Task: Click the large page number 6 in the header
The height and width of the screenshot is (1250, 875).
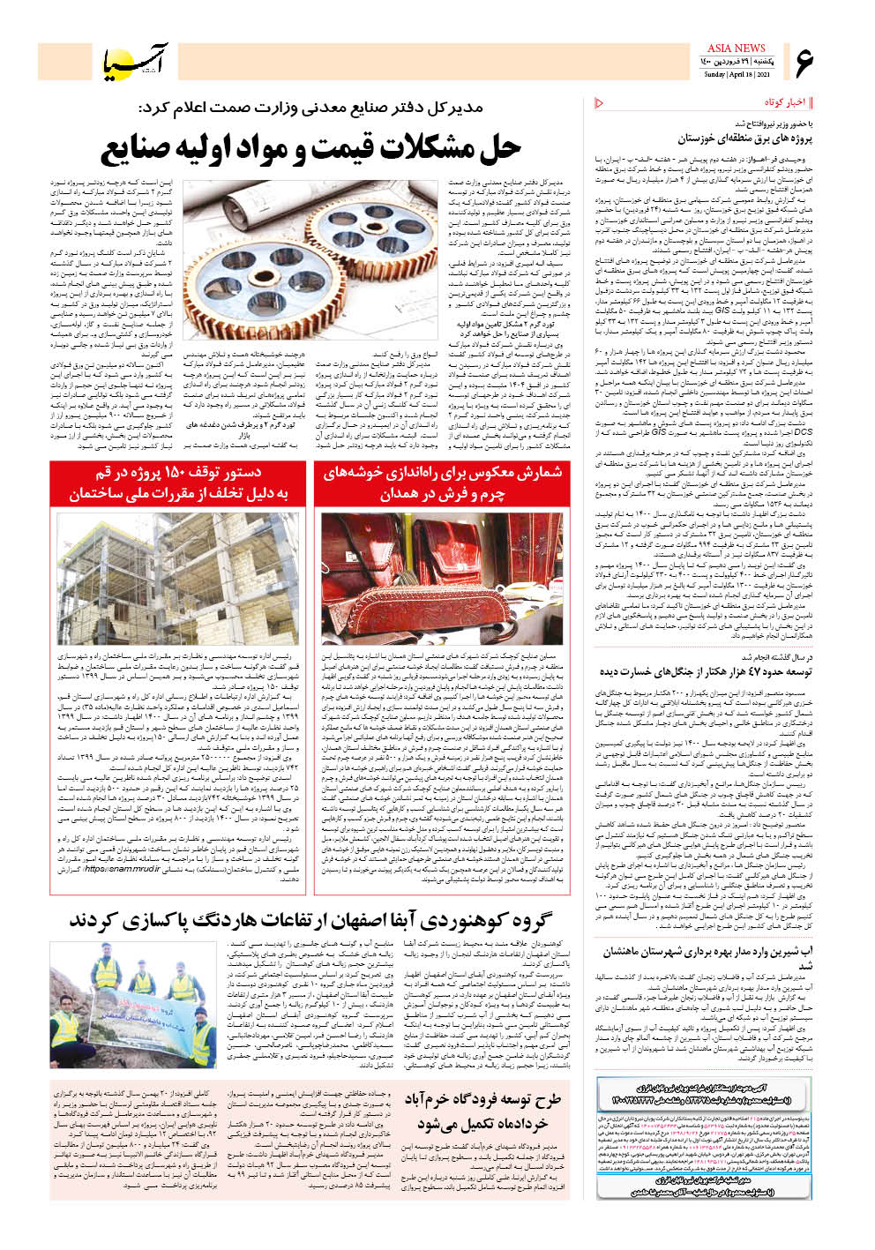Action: [x=804, y=62]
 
